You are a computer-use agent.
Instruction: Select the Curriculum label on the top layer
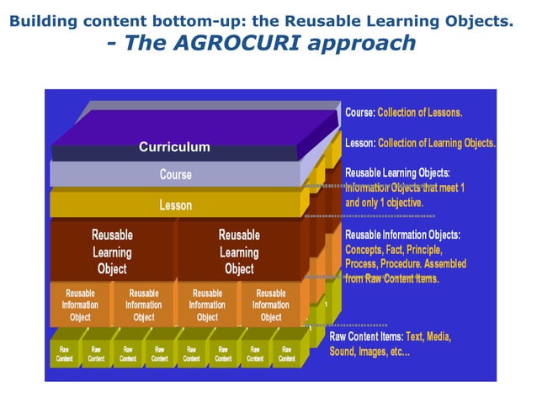click(174, 147)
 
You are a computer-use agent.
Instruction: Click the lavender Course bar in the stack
click(176, 175)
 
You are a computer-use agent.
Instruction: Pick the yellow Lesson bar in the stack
click(176, 204)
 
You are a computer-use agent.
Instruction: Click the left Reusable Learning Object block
click(112, 251)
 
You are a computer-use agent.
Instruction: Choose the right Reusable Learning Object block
click(239, 251)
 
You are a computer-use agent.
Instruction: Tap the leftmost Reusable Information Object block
click(81, 305)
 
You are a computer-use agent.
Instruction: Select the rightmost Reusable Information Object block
click(271, 305)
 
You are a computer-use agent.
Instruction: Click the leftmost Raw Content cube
click(64, 353)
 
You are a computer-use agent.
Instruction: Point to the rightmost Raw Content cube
click(287, 353)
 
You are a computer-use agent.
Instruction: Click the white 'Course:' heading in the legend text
click(360, 112)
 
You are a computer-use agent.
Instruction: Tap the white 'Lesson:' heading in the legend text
click(360, 143)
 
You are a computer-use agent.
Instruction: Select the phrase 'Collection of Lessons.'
click(420, 112)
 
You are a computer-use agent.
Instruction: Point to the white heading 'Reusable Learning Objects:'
click(397, 172)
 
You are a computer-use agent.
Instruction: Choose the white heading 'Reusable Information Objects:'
click(402, 235)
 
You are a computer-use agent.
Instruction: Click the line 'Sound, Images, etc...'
click(370, 352)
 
